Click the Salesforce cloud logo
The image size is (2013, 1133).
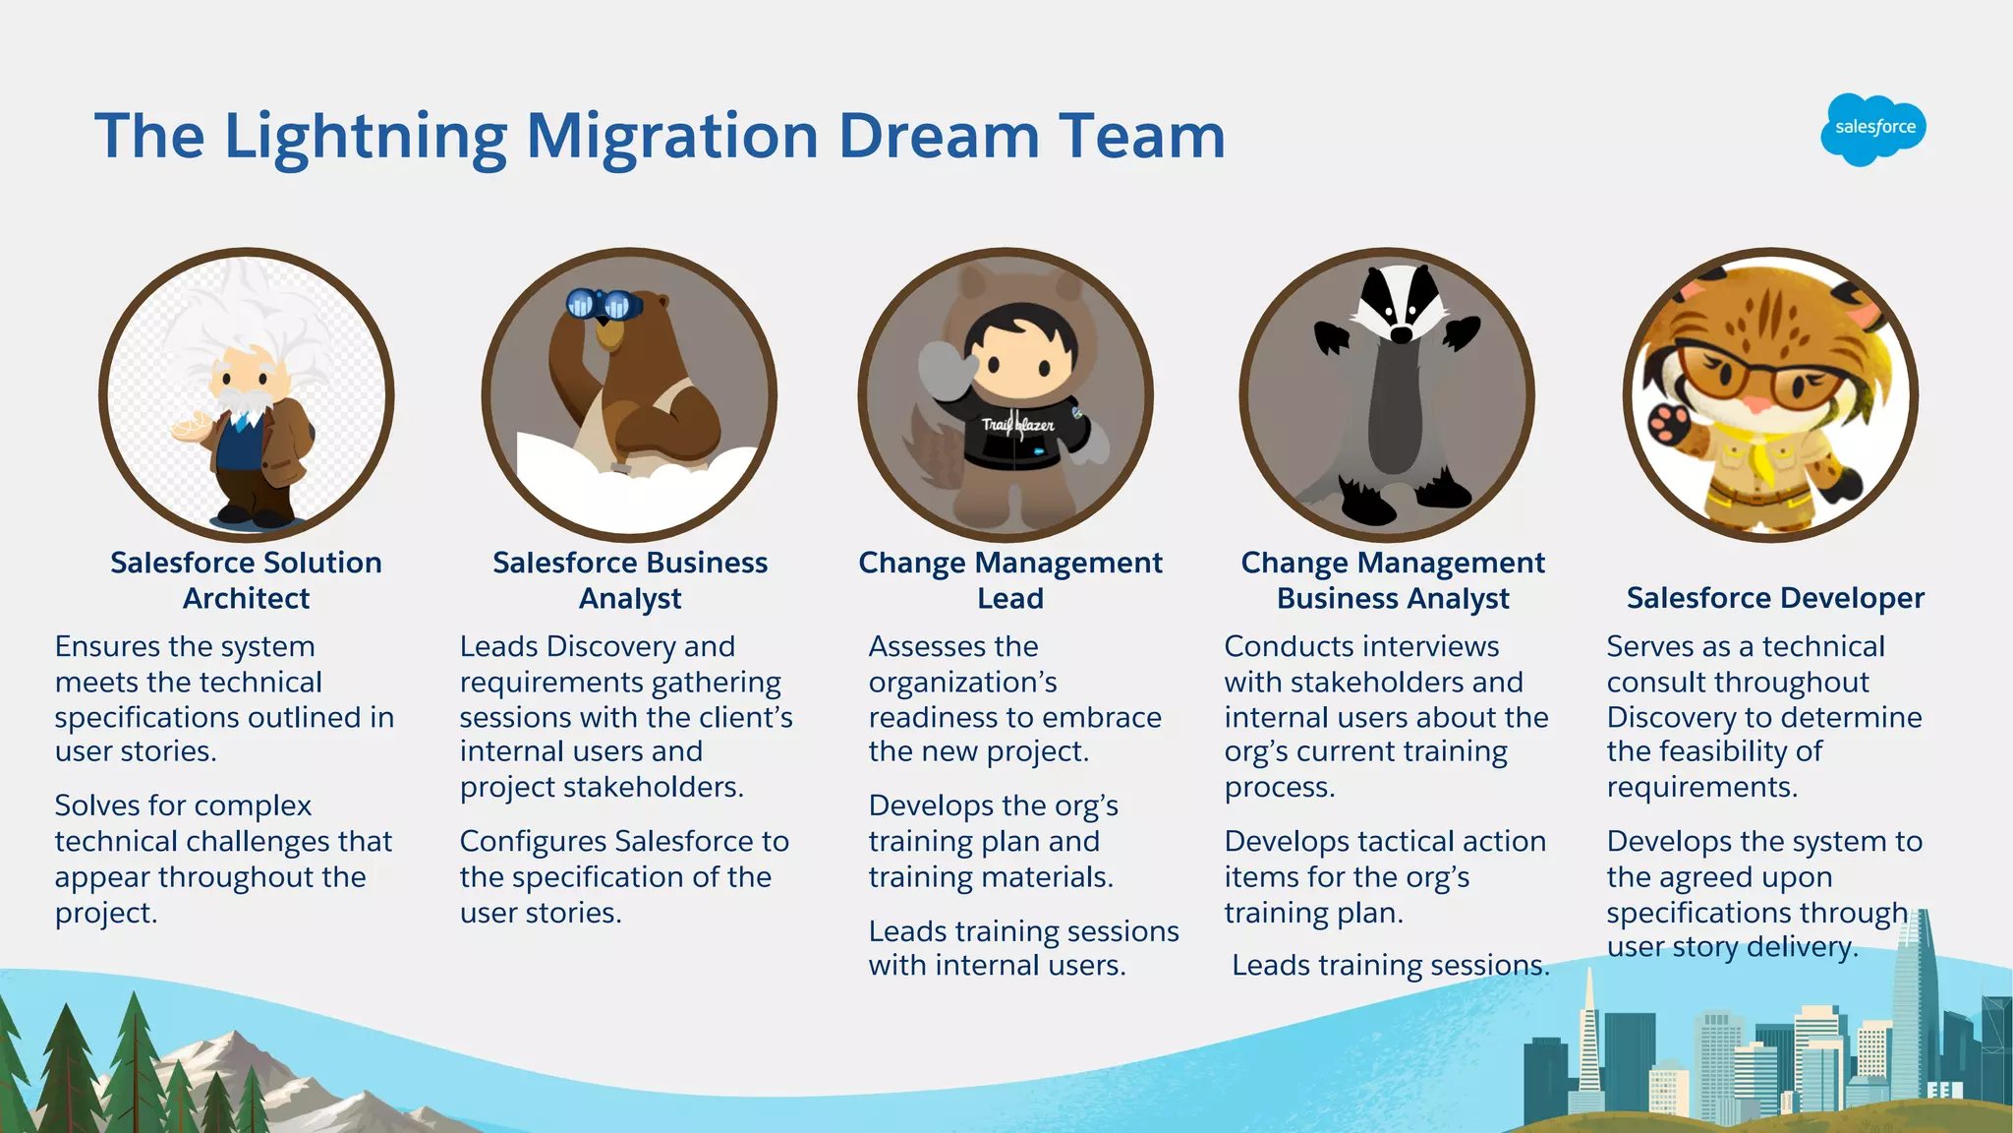tap(1872, 129)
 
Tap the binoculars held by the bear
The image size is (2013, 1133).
tap(603, 304)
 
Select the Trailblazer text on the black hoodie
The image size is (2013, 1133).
tap(1017, 425)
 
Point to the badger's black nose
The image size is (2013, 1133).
tap(1401, 335)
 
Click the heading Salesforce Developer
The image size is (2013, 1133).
tap(1774, 598)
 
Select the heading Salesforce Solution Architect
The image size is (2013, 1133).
tap(246, 580)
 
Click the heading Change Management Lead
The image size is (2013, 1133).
tap(1009, 580)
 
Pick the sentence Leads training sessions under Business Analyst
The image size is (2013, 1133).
tap(1390, 966)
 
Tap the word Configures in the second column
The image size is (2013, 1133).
tap(533, 842)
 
